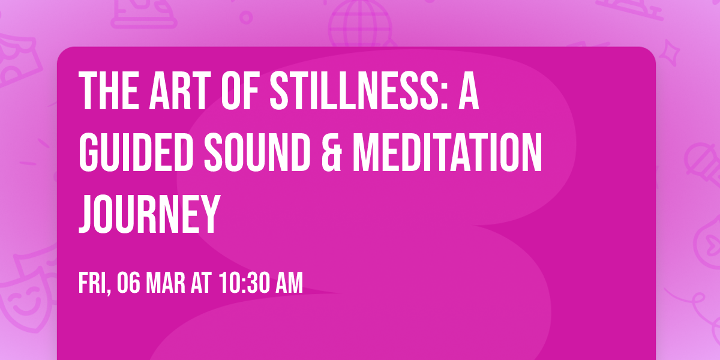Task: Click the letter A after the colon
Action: pos(469,91)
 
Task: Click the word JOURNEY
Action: pos(148,213)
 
